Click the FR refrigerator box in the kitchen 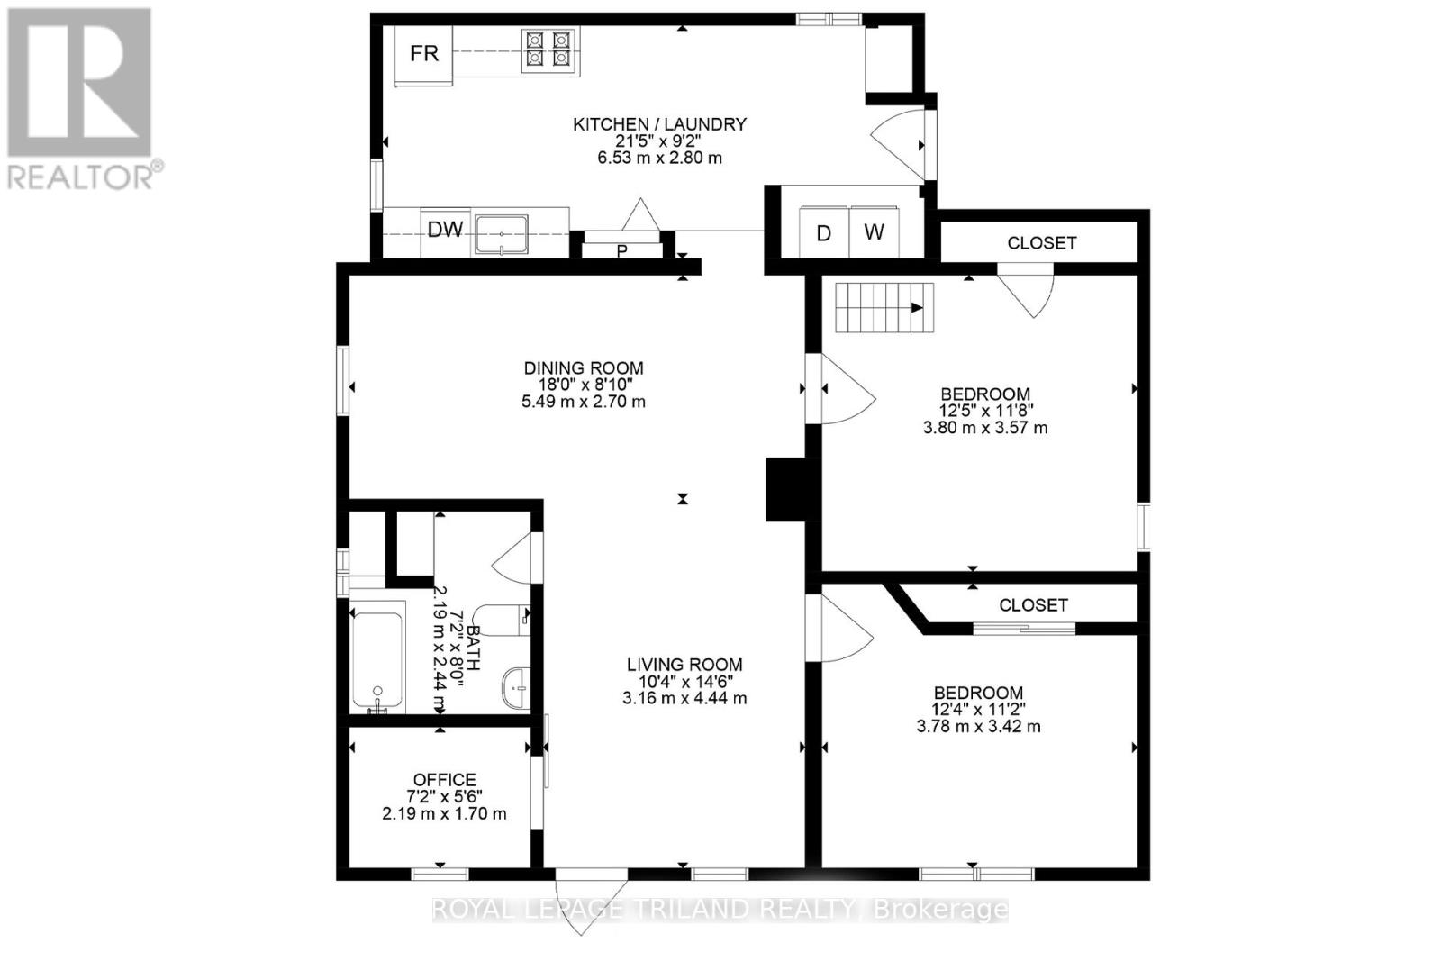(x=424, y=53)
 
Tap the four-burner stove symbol (x=548, y=50)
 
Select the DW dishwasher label (x=445, y=231)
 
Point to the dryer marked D (x=823, y=233)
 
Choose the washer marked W (x=874, y=232)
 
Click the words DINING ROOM (x=584, y=367)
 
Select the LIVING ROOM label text (x=684, y=665)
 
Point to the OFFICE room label (x=444, y=780)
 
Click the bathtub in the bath (x=377, y=661)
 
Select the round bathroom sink (x=516, y=688)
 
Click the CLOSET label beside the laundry (x=1041, y=243)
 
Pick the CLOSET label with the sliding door (x=1033, y=605)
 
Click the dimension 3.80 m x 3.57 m (x=985, y=428)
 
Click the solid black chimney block (x=789, y=489)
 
